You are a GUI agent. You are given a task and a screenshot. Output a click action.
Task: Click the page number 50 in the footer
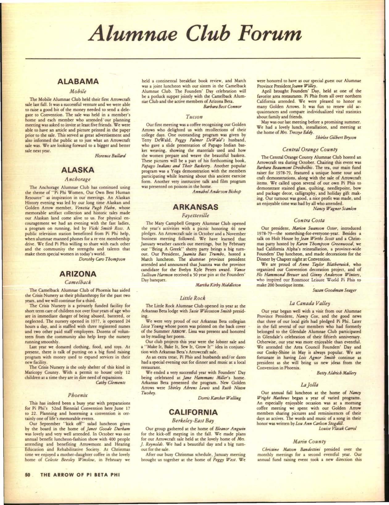click(27, 476)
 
